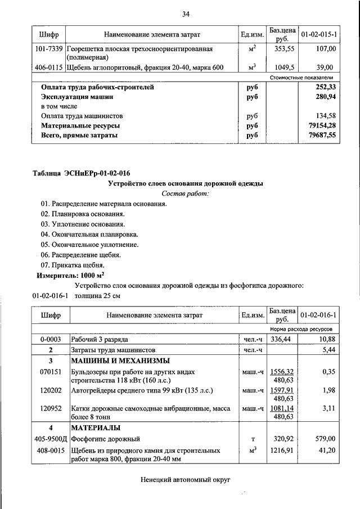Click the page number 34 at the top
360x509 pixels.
pyautogui.click(x=186, y=13)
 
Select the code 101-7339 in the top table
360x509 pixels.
pyautogui.click(x=49, y=49)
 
